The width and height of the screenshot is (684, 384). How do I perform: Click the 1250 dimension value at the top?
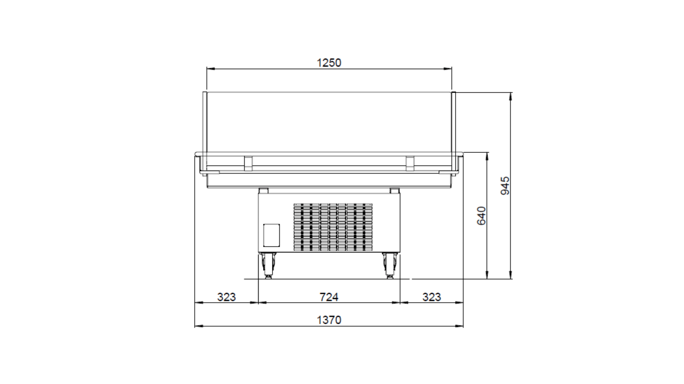(x=329, y=63)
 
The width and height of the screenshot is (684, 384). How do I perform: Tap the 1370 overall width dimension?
(x=329, y=320)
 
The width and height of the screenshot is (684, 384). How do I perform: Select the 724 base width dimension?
(x=329, y=297)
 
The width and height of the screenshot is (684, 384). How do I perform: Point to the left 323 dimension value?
(x=226, y=297)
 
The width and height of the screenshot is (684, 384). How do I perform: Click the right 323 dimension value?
(x=432, y=297)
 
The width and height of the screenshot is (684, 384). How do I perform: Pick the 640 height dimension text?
(x=481, y=216)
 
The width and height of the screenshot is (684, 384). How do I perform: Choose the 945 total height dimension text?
(x=505, y=185)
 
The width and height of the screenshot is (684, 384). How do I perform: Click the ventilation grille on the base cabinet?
(x=333, y=227)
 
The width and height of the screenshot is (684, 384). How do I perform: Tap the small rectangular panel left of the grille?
(x=271, y=235)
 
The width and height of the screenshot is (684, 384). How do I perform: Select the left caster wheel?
(x=268, y=266)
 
